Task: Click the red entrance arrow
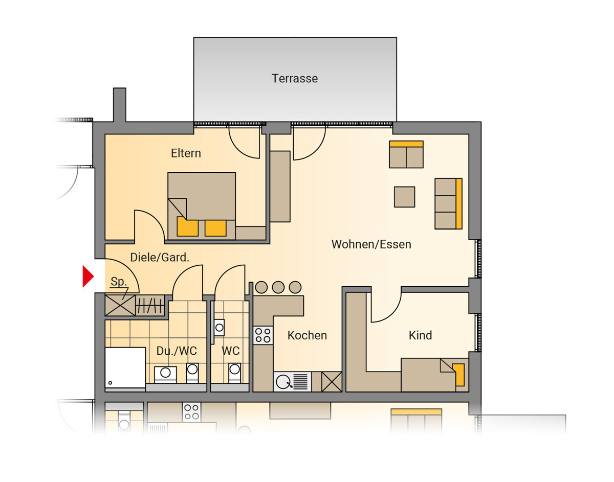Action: [x=87, y=277]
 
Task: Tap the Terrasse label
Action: [x=295, y=78]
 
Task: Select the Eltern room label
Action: [x=186, y=153]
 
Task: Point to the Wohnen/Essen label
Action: [x=371, y=244]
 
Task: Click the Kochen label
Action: [x=307, y=335]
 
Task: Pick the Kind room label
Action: [x=421, y=335]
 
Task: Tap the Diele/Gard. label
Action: [x=160, y=258]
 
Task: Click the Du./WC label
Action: [x=177, y=351]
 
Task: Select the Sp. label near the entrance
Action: [x=119, y=281]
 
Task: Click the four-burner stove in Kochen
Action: [x=263, y=335]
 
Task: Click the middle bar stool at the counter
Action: [x=278, y=287]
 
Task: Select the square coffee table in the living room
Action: [x=405, y=197]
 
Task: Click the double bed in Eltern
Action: [x=202, y=206]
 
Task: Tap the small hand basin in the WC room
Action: [x=220, y=328]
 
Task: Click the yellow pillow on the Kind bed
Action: [x=458, y=375]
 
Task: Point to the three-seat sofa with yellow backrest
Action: [x=448, y=203]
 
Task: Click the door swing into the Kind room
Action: [x=386, y=307]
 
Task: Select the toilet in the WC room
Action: [x=234, y=373]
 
